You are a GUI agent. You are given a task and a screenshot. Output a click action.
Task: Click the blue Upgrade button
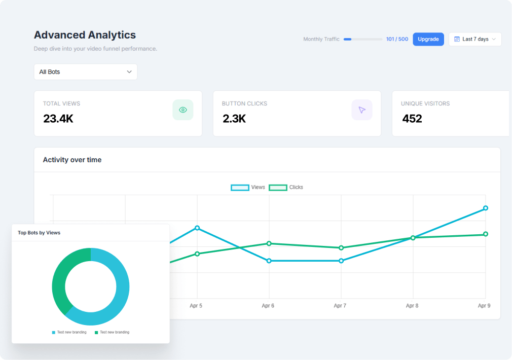[x=428, y=39]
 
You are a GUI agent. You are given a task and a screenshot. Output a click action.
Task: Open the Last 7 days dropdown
[x=475, y=39]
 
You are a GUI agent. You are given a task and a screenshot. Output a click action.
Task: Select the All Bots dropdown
[x=86, y=72]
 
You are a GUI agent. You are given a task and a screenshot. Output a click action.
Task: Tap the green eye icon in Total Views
[x=183, y=110]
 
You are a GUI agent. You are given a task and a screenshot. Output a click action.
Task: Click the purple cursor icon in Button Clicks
[x=362, y=110]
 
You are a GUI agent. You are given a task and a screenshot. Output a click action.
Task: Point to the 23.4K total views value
[x=58, y=119]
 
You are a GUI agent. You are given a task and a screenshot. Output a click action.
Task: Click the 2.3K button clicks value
[x=234, y=119]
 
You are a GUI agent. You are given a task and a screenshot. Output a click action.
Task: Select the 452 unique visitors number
[x=412, y=119]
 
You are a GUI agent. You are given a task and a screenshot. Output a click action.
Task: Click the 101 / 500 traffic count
[x=397, y=39]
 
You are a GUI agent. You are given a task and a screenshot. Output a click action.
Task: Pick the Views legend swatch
[x=240, y=188]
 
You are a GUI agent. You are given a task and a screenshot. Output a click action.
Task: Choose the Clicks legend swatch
[x=278, y=188]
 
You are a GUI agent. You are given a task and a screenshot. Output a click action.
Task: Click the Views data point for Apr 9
[x=486, y=208]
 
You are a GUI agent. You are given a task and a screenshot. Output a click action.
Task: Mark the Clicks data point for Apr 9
[x=486, y=234]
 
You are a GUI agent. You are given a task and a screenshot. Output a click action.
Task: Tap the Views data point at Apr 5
[x=197, y=228]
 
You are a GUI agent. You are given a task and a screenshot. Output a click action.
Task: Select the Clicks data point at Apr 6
[x=269, y=243]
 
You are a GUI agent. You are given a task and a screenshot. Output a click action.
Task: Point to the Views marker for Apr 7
[x=341, y=261]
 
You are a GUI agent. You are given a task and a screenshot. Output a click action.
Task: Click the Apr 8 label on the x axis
[x=412, y=306]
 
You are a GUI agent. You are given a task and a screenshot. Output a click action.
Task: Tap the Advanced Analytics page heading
[x=85, y=35]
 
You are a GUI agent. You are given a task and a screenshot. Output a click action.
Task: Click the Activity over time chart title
[x=72, y=160]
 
